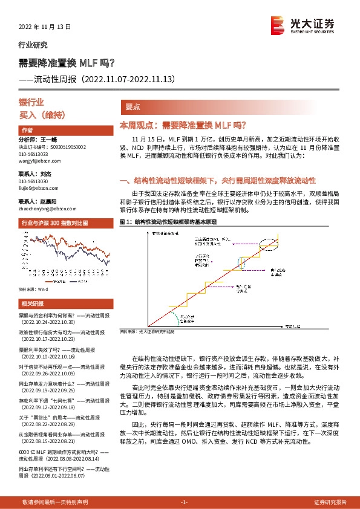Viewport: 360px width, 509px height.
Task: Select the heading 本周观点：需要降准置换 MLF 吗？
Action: pyautogui.click(x=183, y=125)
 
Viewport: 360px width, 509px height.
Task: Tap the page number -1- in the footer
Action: pyautogui.click(x=184, y=502)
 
